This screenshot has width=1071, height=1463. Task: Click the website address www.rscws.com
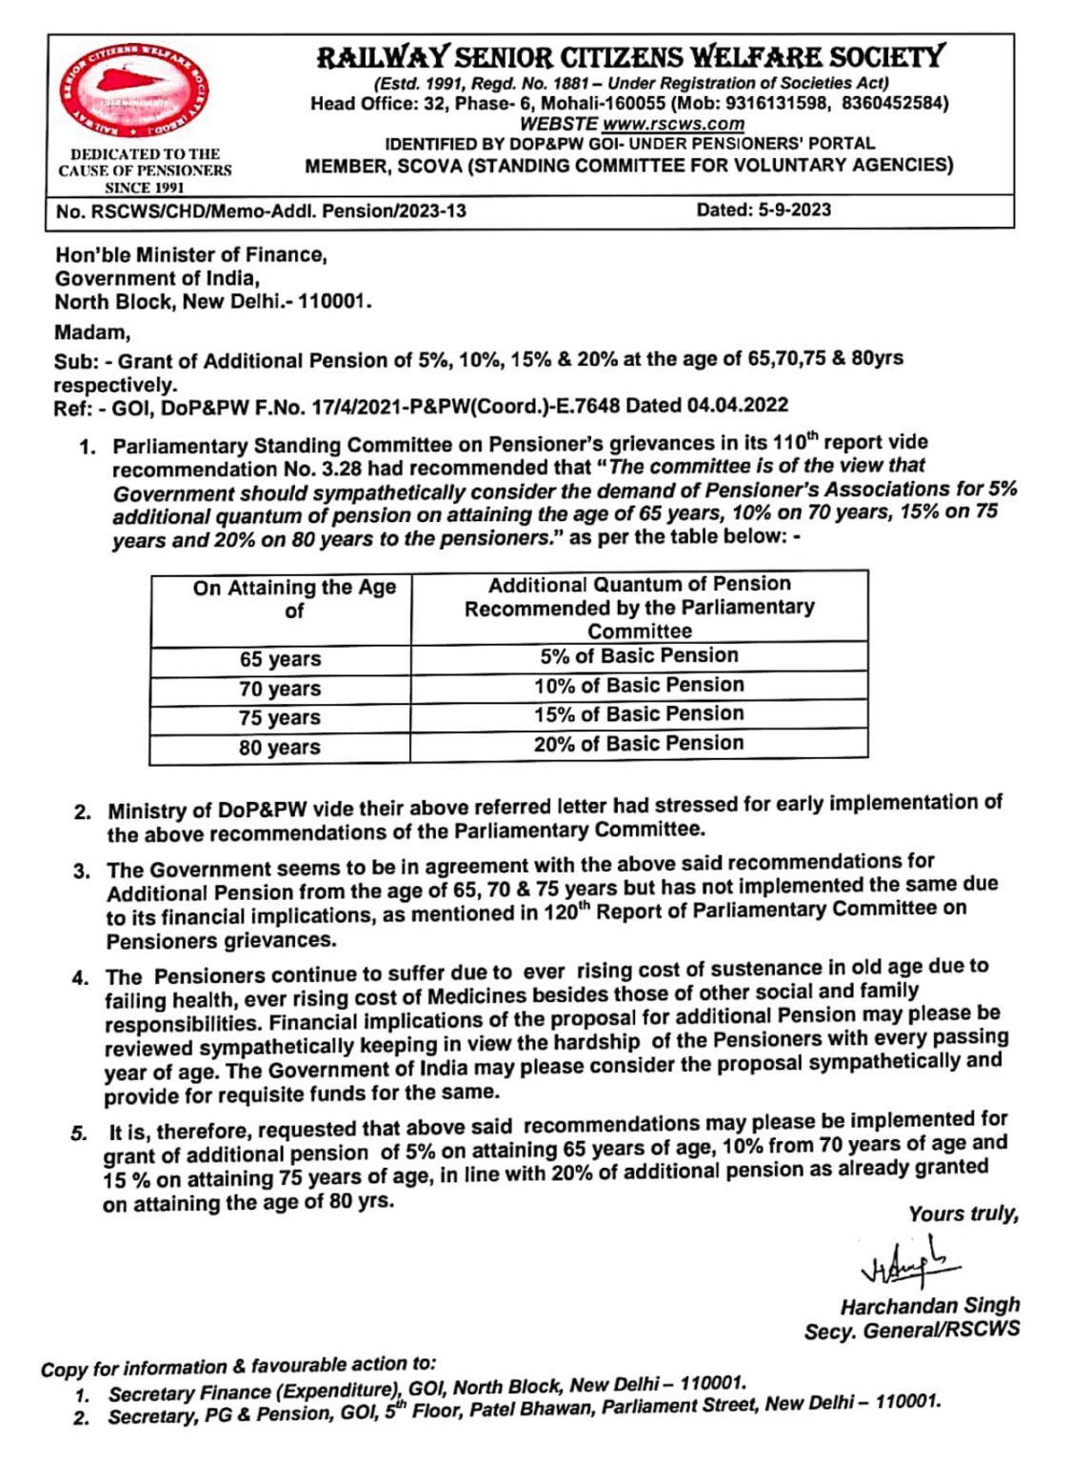(x=672, y=124)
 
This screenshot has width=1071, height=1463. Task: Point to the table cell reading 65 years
(x=280, y=659)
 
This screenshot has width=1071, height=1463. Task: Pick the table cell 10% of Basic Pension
(x=639, y=685)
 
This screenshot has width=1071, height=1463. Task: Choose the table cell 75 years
(x=280, y=718)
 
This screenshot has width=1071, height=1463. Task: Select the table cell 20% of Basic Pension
(x=639, y=744)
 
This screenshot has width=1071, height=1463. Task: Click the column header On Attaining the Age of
(x=294, y=599)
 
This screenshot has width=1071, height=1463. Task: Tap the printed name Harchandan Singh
(x=929, y=1306)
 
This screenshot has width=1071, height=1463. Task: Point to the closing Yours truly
(x=962, y=1214)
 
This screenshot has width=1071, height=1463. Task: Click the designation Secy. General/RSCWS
(x=911, y=1331)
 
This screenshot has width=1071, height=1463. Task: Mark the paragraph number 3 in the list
(x=83, y=871)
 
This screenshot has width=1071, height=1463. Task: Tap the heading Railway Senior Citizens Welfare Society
(x=630, y=57)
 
